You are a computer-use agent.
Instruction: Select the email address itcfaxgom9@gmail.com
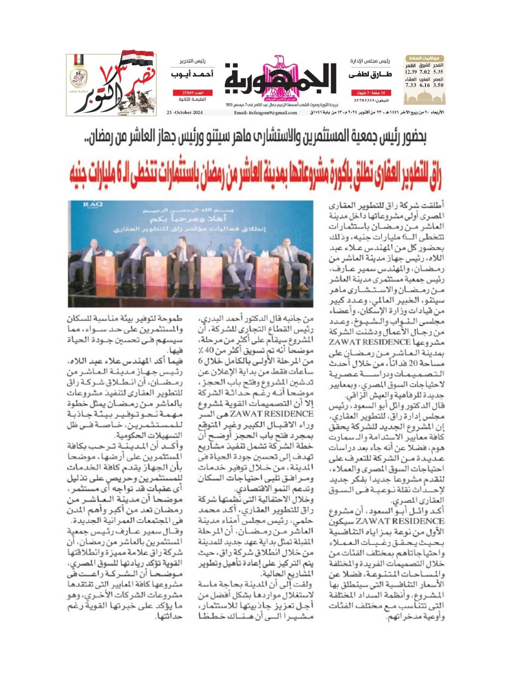click(x=266, y=113)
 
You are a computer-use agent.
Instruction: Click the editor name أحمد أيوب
click(x=192, y=74)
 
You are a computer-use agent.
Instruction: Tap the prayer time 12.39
click(x=411, y=72)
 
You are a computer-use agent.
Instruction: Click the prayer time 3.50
click(x=438, y=85)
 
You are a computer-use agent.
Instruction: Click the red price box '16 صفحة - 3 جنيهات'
click(x=371, y=93)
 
